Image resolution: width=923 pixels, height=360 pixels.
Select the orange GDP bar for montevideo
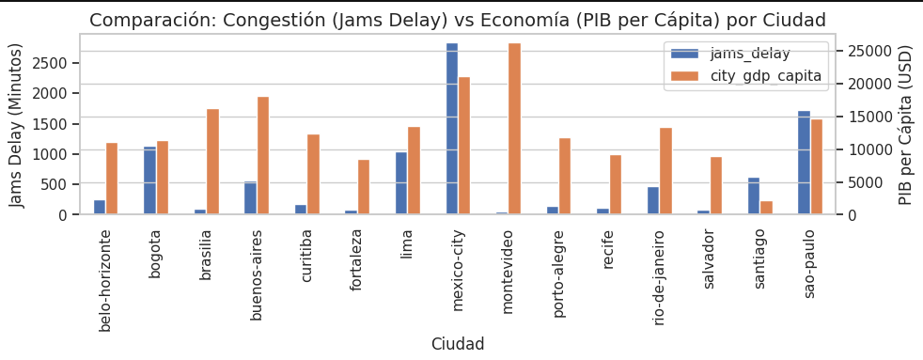(x=514, y=129)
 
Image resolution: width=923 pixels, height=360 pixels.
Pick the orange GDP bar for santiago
(x=766, y=208)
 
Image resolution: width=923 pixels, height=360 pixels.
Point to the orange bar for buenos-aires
(x=263, y=156)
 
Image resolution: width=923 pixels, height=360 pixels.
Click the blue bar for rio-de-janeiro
(x=653, y=200)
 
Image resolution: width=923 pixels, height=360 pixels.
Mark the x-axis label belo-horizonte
(x=105, y=279)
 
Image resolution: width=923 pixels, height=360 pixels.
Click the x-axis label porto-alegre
(x=559, y=274)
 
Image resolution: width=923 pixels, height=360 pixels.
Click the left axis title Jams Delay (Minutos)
(x=16, y=124)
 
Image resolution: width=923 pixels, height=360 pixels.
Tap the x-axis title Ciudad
(x=458, y=344)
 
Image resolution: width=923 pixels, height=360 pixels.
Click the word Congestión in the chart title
(x=269, y=20)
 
